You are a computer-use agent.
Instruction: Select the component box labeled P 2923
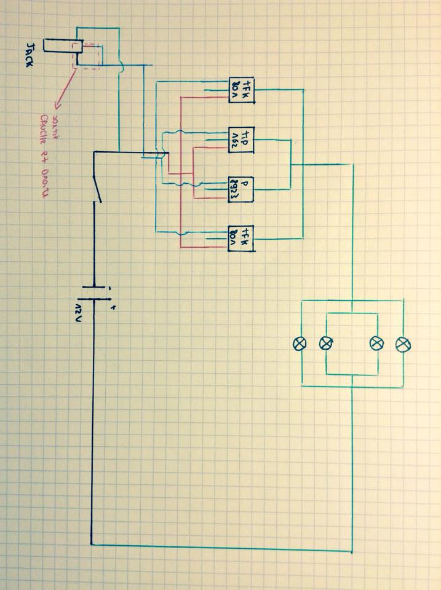click(x=240, y=189)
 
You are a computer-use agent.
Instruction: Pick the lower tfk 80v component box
click(x=240, y=237)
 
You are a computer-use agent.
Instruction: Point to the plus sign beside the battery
click(x=112, y=306)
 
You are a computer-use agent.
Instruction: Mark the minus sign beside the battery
click(x=109, y=287)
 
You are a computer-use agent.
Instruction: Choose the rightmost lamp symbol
click(x=403, y=343)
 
